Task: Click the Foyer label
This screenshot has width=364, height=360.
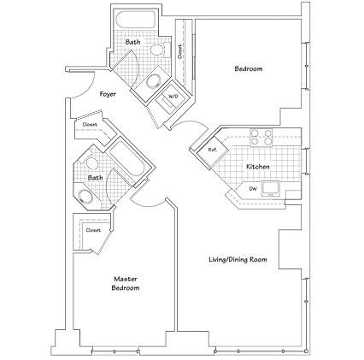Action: (x=108, y=94)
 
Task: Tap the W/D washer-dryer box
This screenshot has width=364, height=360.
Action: (x=172, y=97)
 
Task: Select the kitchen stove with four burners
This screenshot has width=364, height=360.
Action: (x=261, y=137)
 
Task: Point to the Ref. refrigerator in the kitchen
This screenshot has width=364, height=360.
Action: (x=213, y=149)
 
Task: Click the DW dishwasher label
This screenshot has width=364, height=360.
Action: (x=253, y=188)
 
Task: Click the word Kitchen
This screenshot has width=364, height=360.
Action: (x=258, y=167)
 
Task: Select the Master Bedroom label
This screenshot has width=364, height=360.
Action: (x=126, y=283)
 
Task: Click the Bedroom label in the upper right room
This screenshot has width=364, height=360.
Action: (x=248, y=68)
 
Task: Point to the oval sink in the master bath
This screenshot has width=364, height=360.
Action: (x=87, y=198)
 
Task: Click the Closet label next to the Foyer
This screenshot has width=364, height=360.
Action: (x=90, y=125)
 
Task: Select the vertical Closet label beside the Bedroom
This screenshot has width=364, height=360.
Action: (x=181, y=50)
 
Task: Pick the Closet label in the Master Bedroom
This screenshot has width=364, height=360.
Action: (x=92, y=230)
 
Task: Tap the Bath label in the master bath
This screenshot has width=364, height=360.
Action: (x=95, y=178)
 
